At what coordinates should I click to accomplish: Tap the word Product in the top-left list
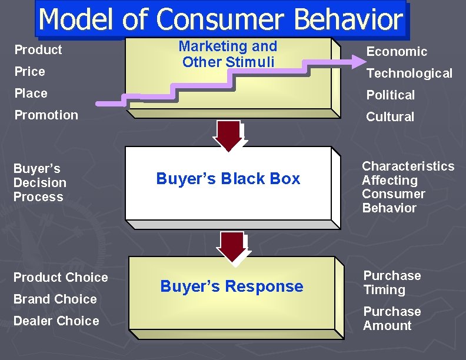pyautogui.click(x=38, y=49)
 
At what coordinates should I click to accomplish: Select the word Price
pyautogui.click(x=29, y=71)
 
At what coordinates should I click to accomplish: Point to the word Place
pyautogui.click(x=31, y=93)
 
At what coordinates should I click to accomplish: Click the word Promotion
pyautogui.click(x=46, y=115)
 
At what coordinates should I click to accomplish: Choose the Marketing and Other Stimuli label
pyautogui.click(x=228, y=54)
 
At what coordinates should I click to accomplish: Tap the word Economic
pyautogui.click(x=397, y=52)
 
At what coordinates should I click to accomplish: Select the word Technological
pyautogui.click(x=409, y=74)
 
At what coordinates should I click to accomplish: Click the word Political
pyautogui.click(x=390, y=95)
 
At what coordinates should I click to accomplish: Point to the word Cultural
pyautogui.click(x=390, y=117)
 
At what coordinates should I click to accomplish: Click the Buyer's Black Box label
pyautogui.click(x=228, y=179)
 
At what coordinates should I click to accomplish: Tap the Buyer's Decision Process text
pyautogui.click(x=39, y=183)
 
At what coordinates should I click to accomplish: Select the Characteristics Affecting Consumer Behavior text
pyautogui.click(x=408, y=187)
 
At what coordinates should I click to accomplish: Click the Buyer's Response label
pyautogui.click(x=231, y=286)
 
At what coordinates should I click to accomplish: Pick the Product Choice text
pyautogui.click(x=61, y=277)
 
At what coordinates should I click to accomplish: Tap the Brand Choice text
pyautogui.click(x=55, y=299)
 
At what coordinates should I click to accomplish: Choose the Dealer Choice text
pyautogui.click(x=56, y=321)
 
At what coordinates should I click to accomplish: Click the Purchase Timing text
pyautogui.click(x=392, y=282)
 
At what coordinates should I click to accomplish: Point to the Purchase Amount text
pyautogui.click(x=392, y=318)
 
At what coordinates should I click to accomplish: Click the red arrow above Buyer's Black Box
pyautogui.click(x=231, y=135)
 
